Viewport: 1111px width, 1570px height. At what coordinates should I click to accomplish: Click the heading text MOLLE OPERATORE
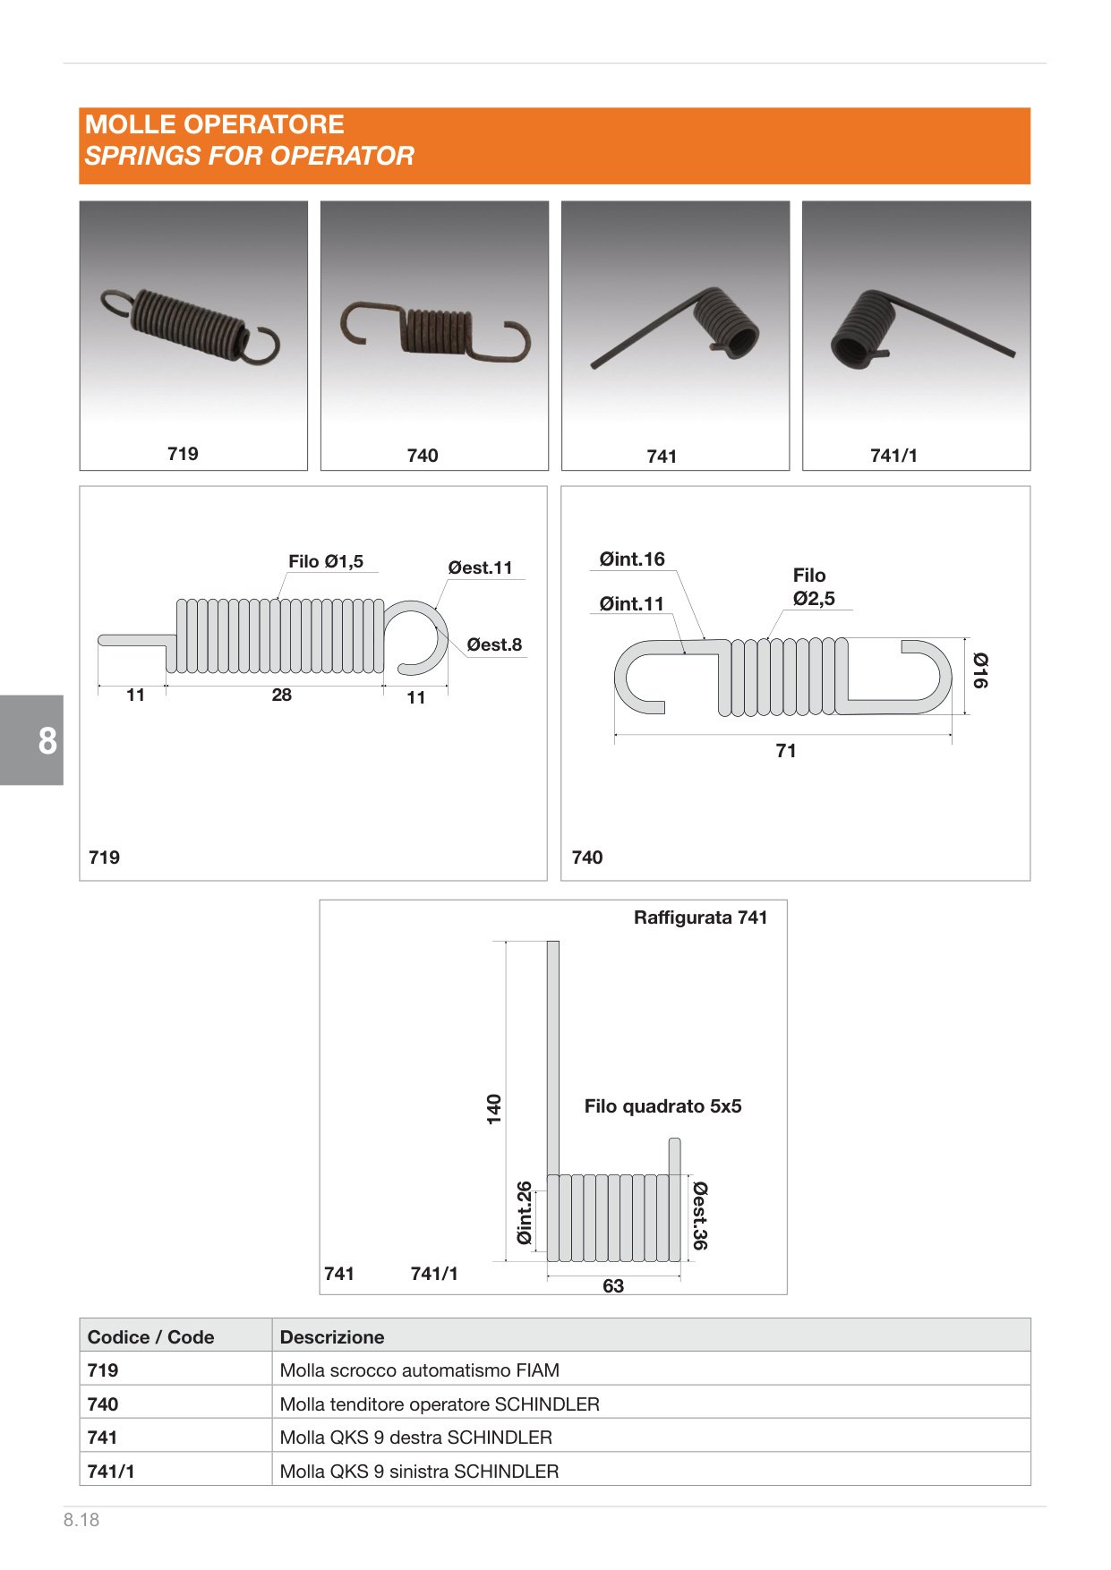click(x=215, y=124)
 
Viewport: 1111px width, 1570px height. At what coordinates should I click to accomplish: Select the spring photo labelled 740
click(x=435, y=332)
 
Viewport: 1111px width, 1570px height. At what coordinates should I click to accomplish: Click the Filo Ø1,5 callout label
click(x=326, y=561)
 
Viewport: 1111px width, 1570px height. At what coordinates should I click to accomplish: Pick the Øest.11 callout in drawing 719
click(x=480, y=567)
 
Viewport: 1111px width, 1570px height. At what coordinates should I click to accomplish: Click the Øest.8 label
click(x=494, y=644)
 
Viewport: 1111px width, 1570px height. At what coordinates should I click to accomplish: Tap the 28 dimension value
click(x=282, y=695)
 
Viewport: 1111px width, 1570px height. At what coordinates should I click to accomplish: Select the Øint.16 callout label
click(x=632, y=559)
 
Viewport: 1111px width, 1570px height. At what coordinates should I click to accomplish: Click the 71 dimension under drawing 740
click(x=786, y=751)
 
